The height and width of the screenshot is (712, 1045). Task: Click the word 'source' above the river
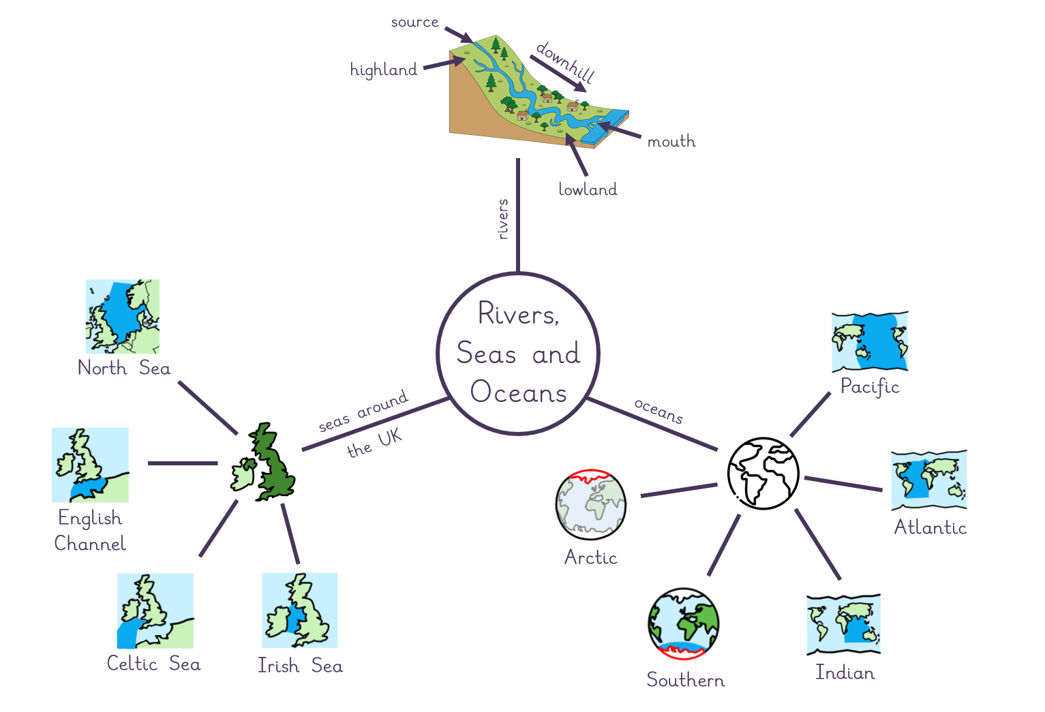(x=414, y=22)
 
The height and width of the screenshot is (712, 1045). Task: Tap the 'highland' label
(x=384, y=70)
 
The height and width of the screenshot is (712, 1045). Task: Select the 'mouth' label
(x=671, y=141)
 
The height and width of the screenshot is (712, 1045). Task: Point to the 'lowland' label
(x=588, y=189)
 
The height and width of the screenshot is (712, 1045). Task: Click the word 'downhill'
(x=566, y=62)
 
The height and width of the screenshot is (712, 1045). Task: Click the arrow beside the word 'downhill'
(x=558, y=74)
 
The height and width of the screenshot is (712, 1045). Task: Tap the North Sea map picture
(x=122, y=316)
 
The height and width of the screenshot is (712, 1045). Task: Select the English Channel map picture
(x=90, y=465)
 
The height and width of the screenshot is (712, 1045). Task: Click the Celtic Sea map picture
(x=155, y=610)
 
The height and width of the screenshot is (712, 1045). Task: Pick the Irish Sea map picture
(x=299, y=610)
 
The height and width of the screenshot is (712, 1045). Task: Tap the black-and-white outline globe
(x=763, y=474)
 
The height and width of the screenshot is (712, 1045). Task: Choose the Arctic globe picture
(x=590, y=504)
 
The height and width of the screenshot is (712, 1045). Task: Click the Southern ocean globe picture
(x=684, y=624)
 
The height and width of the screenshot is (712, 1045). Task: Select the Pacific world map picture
(x=870, y=342)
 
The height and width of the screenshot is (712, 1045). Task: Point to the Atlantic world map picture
(x=929, y=480)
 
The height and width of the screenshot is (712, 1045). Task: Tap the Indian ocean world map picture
(x=843, y=624)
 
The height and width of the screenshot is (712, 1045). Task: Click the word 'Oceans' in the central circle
(x=518, y=392)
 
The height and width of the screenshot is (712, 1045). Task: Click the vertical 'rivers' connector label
(x=503, y=219)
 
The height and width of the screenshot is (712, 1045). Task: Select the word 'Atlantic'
(x=930, y=527)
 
